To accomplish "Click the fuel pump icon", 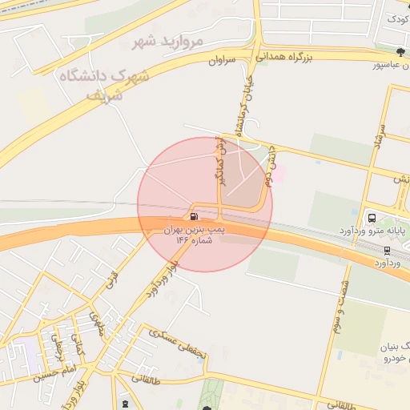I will (193, 216).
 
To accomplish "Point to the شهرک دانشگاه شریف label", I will (104, 82).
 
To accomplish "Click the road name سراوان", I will (223, 60).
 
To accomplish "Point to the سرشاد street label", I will (382, 139).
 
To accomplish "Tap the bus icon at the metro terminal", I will (371, 217).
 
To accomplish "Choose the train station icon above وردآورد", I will (387, 250).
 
